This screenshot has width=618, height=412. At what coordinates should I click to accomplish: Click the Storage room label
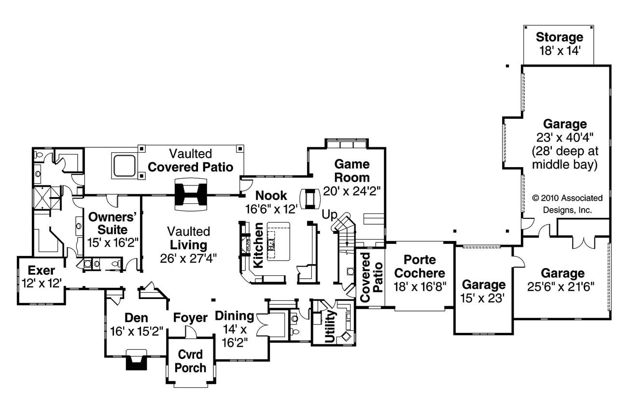click(560, 37)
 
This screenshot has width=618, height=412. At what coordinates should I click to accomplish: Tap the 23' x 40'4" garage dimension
click(564, 137)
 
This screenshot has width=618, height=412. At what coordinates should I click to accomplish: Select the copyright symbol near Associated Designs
click(535, 198)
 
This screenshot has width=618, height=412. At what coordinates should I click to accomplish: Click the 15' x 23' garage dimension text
click(483, 298)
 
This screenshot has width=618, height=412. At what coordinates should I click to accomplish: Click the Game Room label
click(352, 170)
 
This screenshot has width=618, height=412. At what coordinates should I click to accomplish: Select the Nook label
click(271, 195)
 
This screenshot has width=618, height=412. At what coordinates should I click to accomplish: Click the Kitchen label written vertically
click(258, 245)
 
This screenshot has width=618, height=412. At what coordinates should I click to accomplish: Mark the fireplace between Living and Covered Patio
click(192, 195)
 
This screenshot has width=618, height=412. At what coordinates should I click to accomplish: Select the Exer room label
click(41, 270)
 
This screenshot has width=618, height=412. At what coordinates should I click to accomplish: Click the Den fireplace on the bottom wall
click(135, 360)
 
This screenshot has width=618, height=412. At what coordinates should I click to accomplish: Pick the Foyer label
click(190, 318)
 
